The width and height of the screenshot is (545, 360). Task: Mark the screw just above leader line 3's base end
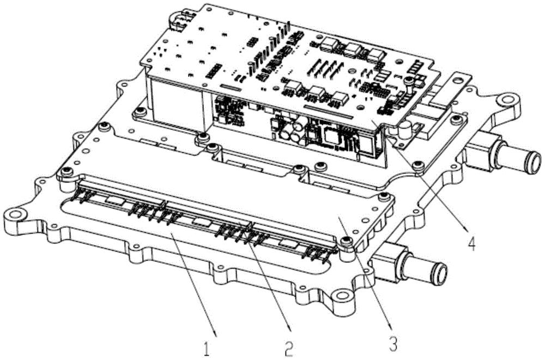pos(345,241)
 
